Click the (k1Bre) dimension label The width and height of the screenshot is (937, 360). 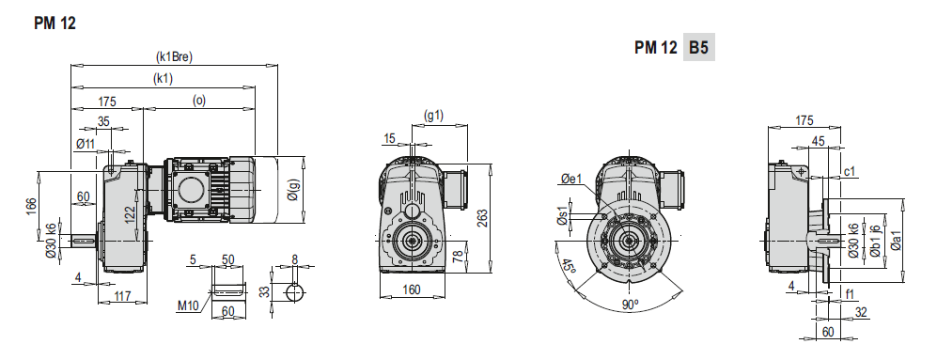coord(174,57)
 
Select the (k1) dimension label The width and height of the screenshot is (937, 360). coord(164,79)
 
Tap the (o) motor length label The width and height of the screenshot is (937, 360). coord(199,101)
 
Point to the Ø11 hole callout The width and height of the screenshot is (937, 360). coord(86,144)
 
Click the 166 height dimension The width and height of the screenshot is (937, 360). coord(32,205)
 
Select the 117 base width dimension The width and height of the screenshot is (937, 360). coord(122,295)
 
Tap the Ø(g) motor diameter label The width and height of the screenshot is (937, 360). coord(292,189)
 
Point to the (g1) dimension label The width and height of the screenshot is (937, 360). coord(433,115)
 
